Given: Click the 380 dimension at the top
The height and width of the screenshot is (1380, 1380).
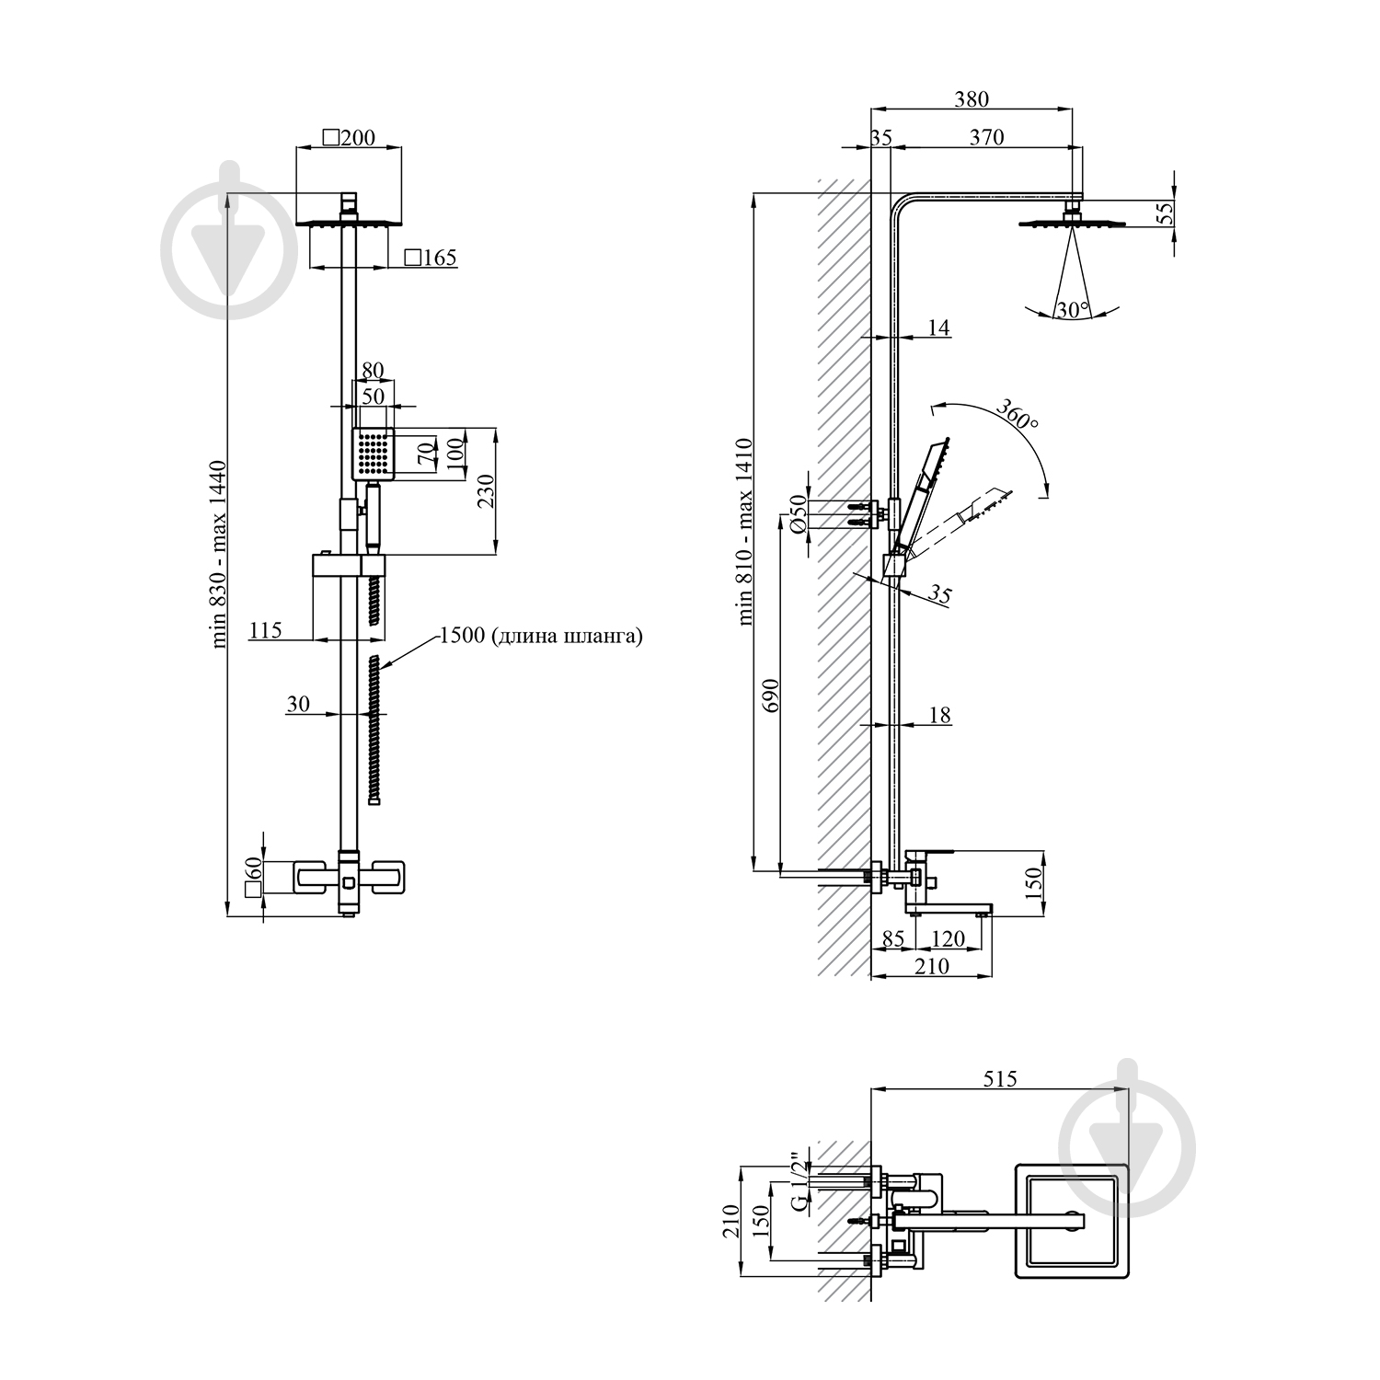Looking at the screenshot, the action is [972, 98].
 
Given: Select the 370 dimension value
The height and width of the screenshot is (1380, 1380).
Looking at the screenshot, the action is [986, 137].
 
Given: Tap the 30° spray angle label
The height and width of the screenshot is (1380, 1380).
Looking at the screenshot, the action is [1073, 310].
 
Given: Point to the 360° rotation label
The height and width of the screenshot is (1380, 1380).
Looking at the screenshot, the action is [1017, 418].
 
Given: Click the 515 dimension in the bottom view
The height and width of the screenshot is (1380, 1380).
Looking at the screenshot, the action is [1000, 1079].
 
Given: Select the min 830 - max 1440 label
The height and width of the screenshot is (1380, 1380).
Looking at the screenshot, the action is [220, 555].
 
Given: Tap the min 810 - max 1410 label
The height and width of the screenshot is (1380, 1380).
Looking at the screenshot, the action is [746, 531].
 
